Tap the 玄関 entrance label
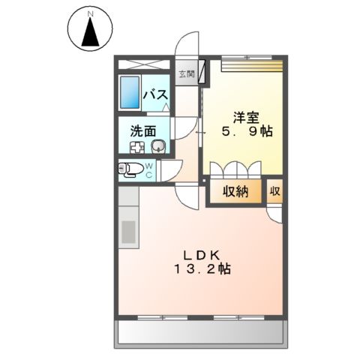point(185,73)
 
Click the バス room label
point(155,96)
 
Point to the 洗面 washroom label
point(143,130)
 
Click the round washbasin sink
point(157,146)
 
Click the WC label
point(148,169)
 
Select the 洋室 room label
point(245,116)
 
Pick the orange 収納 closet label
point(235,191)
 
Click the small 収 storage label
point(275,191)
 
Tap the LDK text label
point(199,254)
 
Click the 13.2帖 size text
point(199,271)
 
